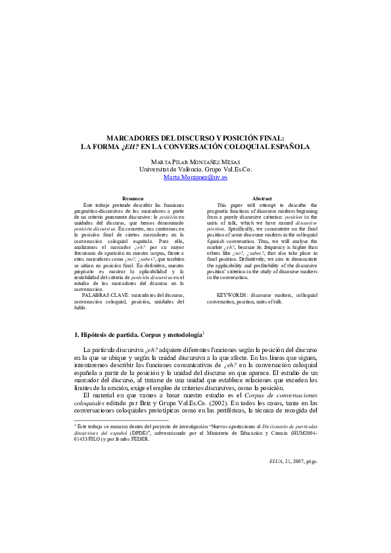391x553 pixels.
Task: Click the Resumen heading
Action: pyautogui.click(x=133, y=198)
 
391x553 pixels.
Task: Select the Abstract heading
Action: pyautogui.click(x=262, y=198)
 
